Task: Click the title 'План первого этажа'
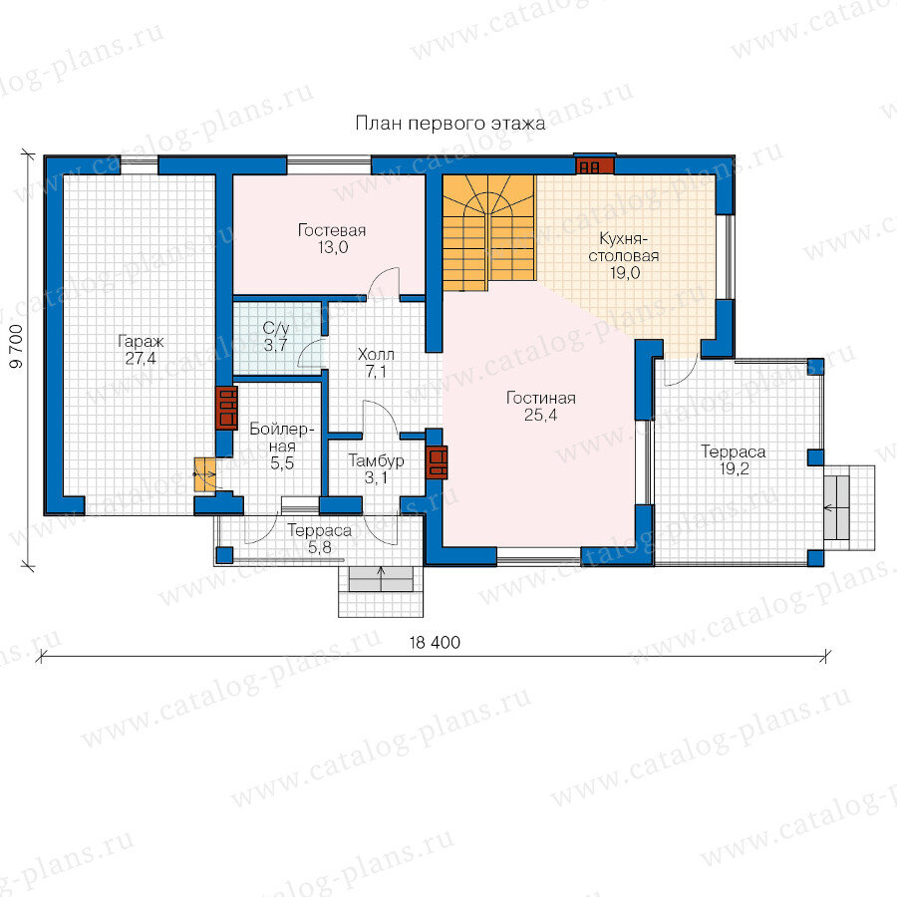point(450,123)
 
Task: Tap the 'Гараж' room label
point(141,342)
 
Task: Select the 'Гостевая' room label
point(332,230)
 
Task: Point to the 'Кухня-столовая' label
point(624,247)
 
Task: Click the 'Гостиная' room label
point(540,398)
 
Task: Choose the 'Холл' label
point(376,354)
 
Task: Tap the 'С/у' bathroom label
point(276,328)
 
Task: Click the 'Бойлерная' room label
point(282,438)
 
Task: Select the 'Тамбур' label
point(376,460)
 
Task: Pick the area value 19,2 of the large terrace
point(734,469)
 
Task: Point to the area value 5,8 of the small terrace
point(320,547)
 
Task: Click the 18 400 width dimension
point(435,643)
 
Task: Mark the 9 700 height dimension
point(17,346)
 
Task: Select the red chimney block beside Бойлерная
point(227,408)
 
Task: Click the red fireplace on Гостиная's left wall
point(438,462)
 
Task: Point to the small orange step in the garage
point(204,474)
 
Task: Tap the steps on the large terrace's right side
point(849,507)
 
